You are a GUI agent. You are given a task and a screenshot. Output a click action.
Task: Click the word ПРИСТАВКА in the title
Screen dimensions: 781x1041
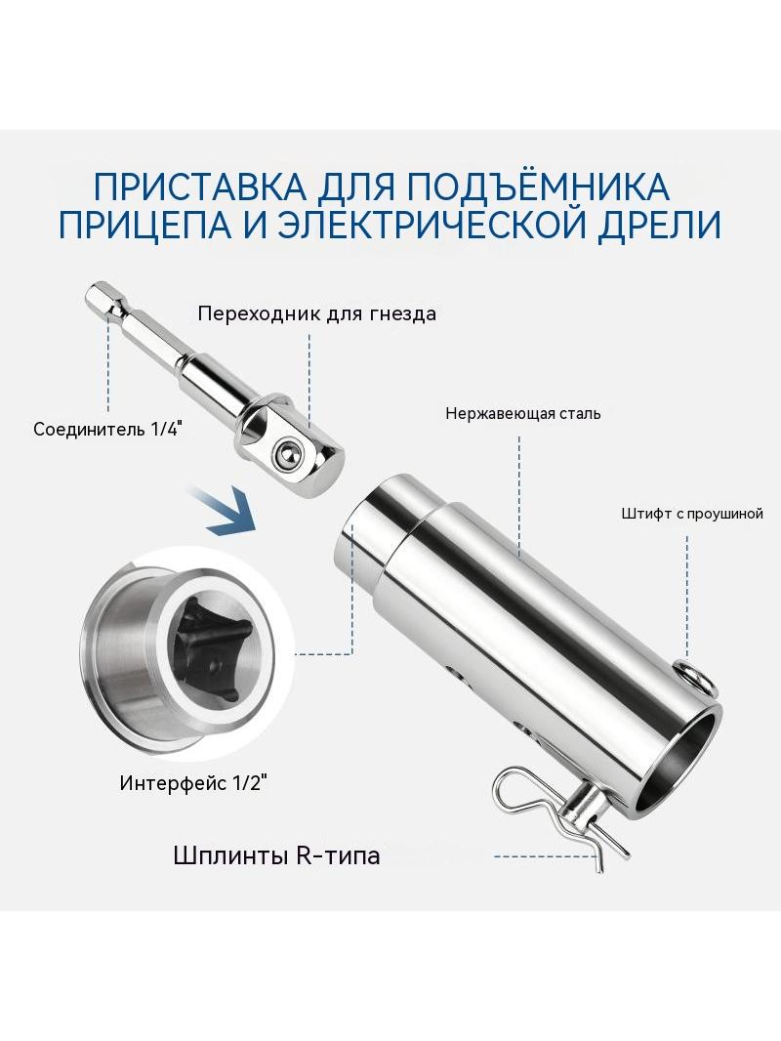tap(200, 187)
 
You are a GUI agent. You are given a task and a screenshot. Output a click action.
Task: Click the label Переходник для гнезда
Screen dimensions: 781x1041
tap(317, 313)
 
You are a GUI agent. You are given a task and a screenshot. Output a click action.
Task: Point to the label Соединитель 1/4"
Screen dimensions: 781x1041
tap(107, 429)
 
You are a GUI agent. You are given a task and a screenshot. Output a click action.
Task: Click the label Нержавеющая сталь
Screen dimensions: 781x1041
tap(523, 414)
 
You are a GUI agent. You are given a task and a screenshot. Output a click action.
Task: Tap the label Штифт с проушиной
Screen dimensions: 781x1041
tap(692, 514)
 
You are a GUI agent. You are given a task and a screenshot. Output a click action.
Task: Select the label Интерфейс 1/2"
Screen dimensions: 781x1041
tap(193, 783)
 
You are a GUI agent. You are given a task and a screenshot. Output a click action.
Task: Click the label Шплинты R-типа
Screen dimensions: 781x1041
tap(276, 855)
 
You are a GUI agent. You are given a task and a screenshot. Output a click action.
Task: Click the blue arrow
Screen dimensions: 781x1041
tap(224, 509)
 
